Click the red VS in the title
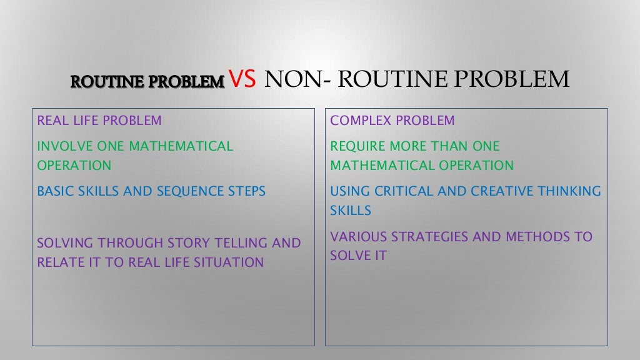[243, 80]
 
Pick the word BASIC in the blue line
[54, 191]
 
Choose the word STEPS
[245, 191]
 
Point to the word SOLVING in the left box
[64, 243]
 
